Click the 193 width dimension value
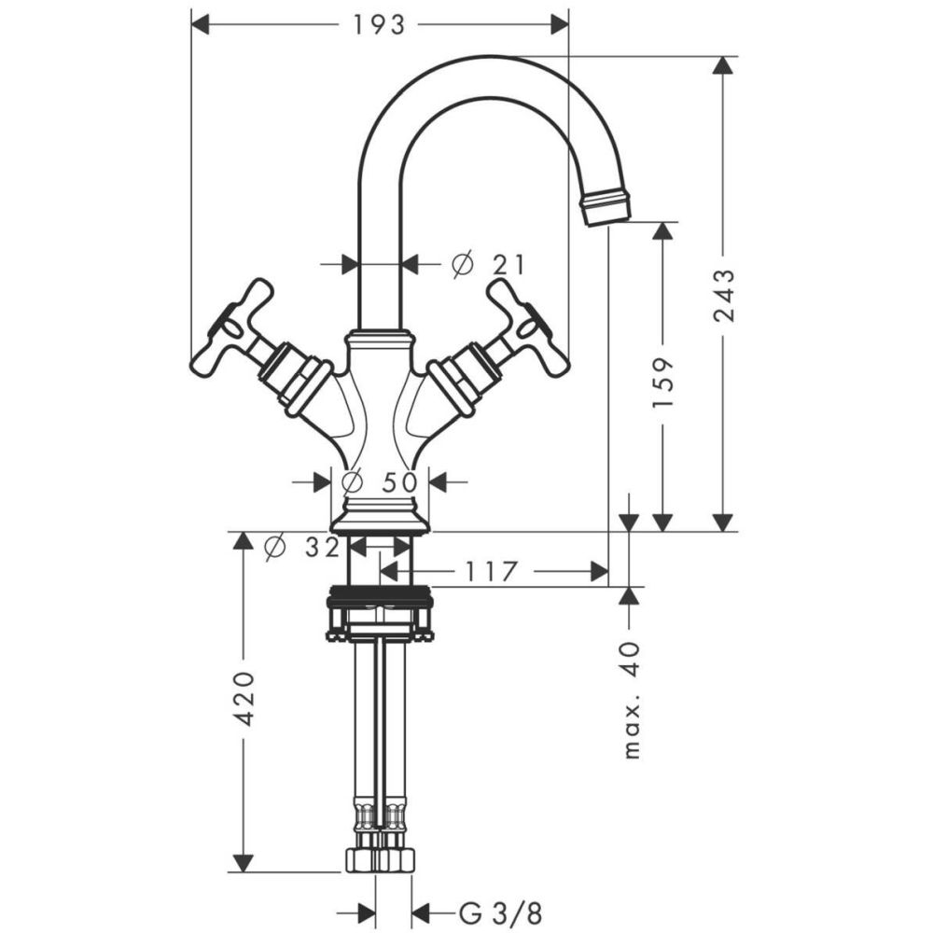pyautogui.click(x=379, y=25)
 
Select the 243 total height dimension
pyautogui.click(x=724, y=296)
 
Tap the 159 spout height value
pyautogui.click(x=662, y=382)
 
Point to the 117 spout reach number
pyautogui.click(x=491, y=572)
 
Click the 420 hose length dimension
pyautogui.click(x=243, y=699)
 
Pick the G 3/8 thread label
pyautogui.click(x=501, y=913)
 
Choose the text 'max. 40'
pyautogui.click(x=632, y=701)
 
